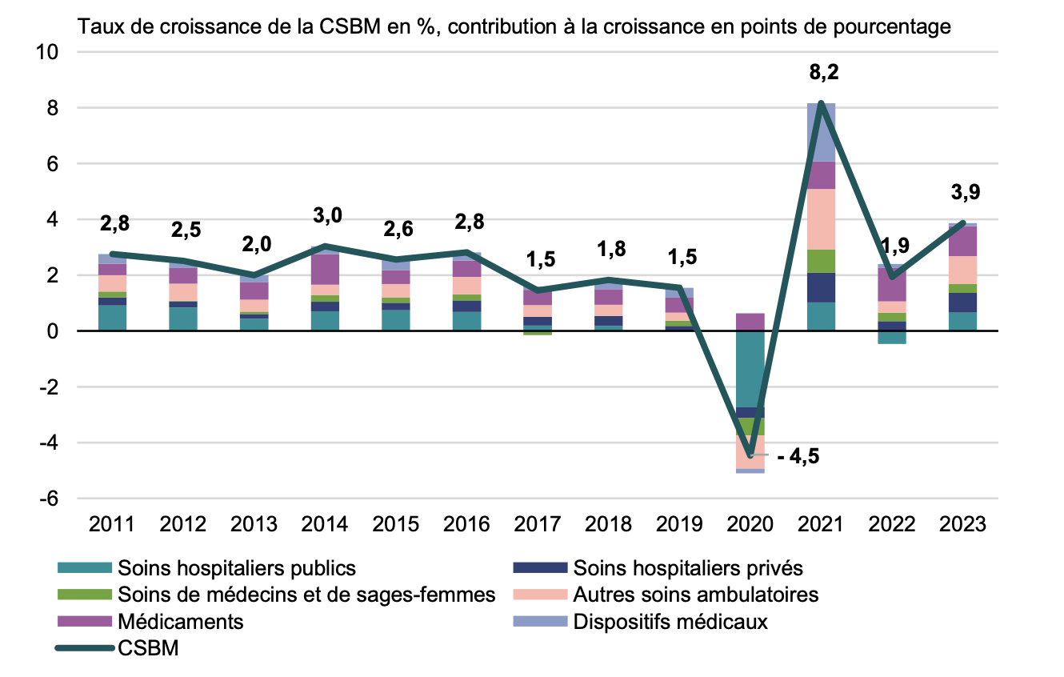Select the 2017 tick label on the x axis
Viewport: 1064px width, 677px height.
(538, 524)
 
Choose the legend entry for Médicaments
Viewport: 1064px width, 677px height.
(180, 622)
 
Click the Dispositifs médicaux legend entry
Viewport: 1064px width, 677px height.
(670, 622)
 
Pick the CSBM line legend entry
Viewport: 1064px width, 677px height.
(148, 648)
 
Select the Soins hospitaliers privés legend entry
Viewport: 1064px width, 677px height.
(687, 568)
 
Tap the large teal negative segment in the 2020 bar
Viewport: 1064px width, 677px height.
(750, 368)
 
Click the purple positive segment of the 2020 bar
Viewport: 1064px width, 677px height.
(750, 322)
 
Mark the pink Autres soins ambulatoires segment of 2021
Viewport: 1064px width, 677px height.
(822, 218)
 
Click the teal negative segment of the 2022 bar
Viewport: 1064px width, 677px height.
(892, 337)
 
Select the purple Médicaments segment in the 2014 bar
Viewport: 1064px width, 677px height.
(326, 269)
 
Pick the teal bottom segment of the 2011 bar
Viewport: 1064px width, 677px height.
(113, 318)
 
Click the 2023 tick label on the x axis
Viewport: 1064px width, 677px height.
(963, 524)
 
